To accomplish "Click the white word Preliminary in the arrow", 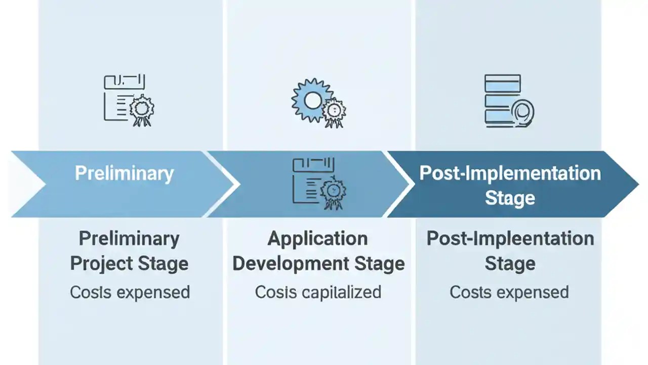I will tap(124, 173).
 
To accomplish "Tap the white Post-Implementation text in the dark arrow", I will tap(510, 173).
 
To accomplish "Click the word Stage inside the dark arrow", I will tap(510, 198).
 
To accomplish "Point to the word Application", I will tap(317, 238).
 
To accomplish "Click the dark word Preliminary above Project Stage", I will tap(129, 238).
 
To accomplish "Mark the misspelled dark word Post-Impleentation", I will tap(510, 238).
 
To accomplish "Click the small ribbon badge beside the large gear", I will tap(334, 112).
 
